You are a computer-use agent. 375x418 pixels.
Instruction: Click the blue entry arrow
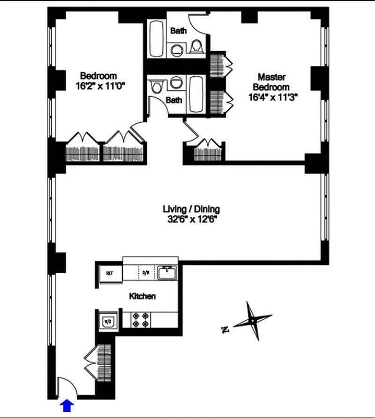(67, 405)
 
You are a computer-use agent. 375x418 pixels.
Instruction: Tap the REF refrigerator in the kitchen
(110, 273)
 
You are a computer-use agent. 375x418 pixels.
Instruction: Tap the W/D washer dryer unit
(109, 320)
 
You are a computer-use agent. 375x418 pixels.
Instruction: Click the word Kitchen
(142, 296)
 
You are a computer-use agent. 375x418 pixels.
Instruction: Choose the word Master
(271, 77)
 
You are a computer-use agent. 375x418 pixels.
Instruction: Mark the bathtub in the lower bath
(197, 94)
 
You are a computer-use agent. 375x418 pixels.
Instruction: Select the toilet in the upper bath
(197, 48)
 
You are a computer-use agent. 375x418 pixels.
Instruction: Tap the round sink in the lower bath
(176, 82)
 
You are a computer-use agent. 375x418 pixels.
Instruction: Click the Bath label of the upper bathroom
(178, 31)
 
